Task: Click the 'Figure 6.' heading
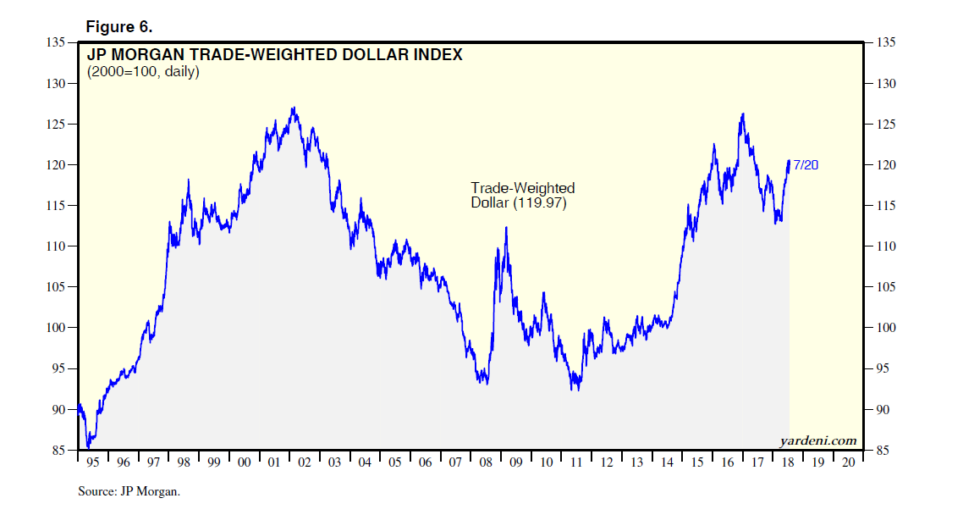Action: [119, 27]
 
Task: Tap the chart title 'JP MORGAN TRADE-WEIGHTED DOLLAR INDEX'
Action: [275, 55]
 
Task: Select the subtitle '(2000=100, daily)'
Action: [143, 72]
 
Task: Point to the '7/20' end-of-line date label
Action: [806, 165]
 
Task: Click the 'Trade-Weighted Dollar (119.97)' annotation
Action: [522, 196]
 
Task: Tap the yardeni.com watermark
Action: [817, 440]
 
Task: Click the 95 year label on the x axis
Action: [93, 463]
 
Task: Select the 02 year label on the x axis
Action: [305, 463]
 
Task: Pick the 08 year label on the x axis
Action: [486, 463]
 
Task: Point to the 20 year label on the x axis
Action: [848, 463]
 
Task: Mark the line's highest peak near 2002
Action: [293, 108]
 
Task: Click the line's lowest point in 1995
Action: [87, 447]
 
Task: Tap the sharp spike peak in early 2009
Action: [506, 227]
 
